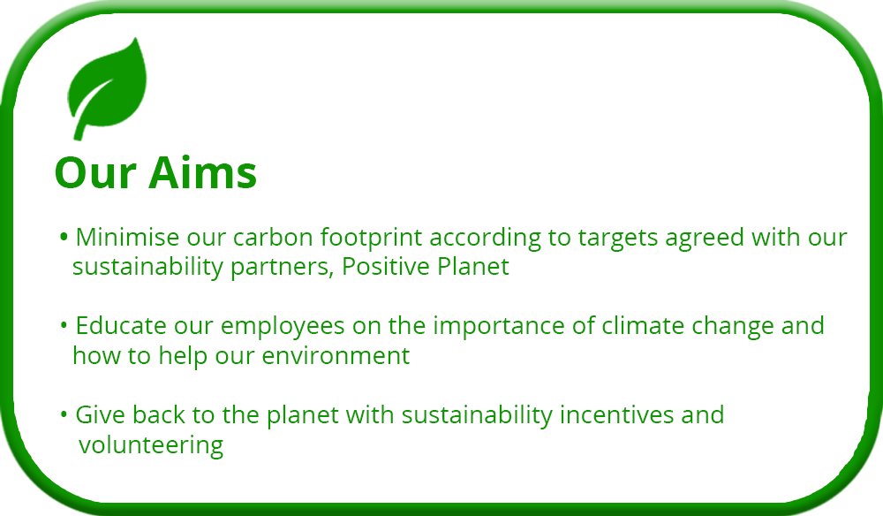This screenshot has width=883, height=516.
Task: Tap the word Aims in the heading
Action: tap(203, 172)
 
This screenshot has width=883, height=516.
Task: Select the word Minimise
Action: tap(127, 237)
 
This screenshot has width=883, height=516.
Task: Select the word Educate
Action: tap(121, 326)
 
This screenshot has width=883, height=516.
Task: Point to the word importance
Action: tap(499, 327)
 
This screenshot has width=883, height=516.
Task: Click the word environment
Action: tap(336, 356)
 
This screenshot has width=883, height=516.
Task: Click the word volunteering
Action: tap(151, 446)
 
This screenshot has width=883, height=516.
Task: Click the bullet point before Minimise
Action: tap(64, 235)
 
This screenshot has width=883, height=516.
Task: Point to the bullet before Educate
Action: tap(64, 324)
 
